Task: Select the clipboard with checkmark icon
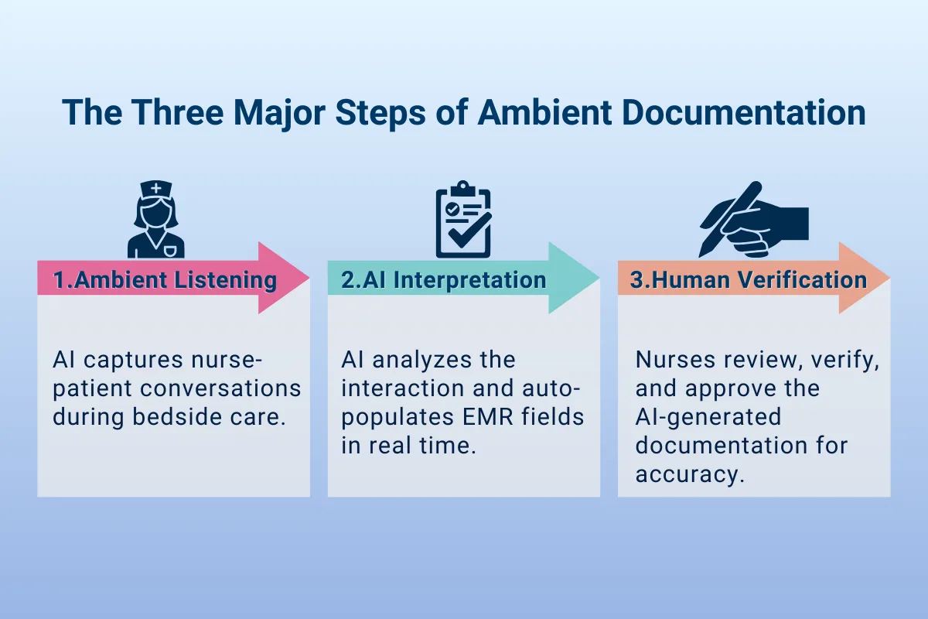463,220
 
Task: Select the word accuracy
686,474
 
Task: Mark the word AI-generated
708,417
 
